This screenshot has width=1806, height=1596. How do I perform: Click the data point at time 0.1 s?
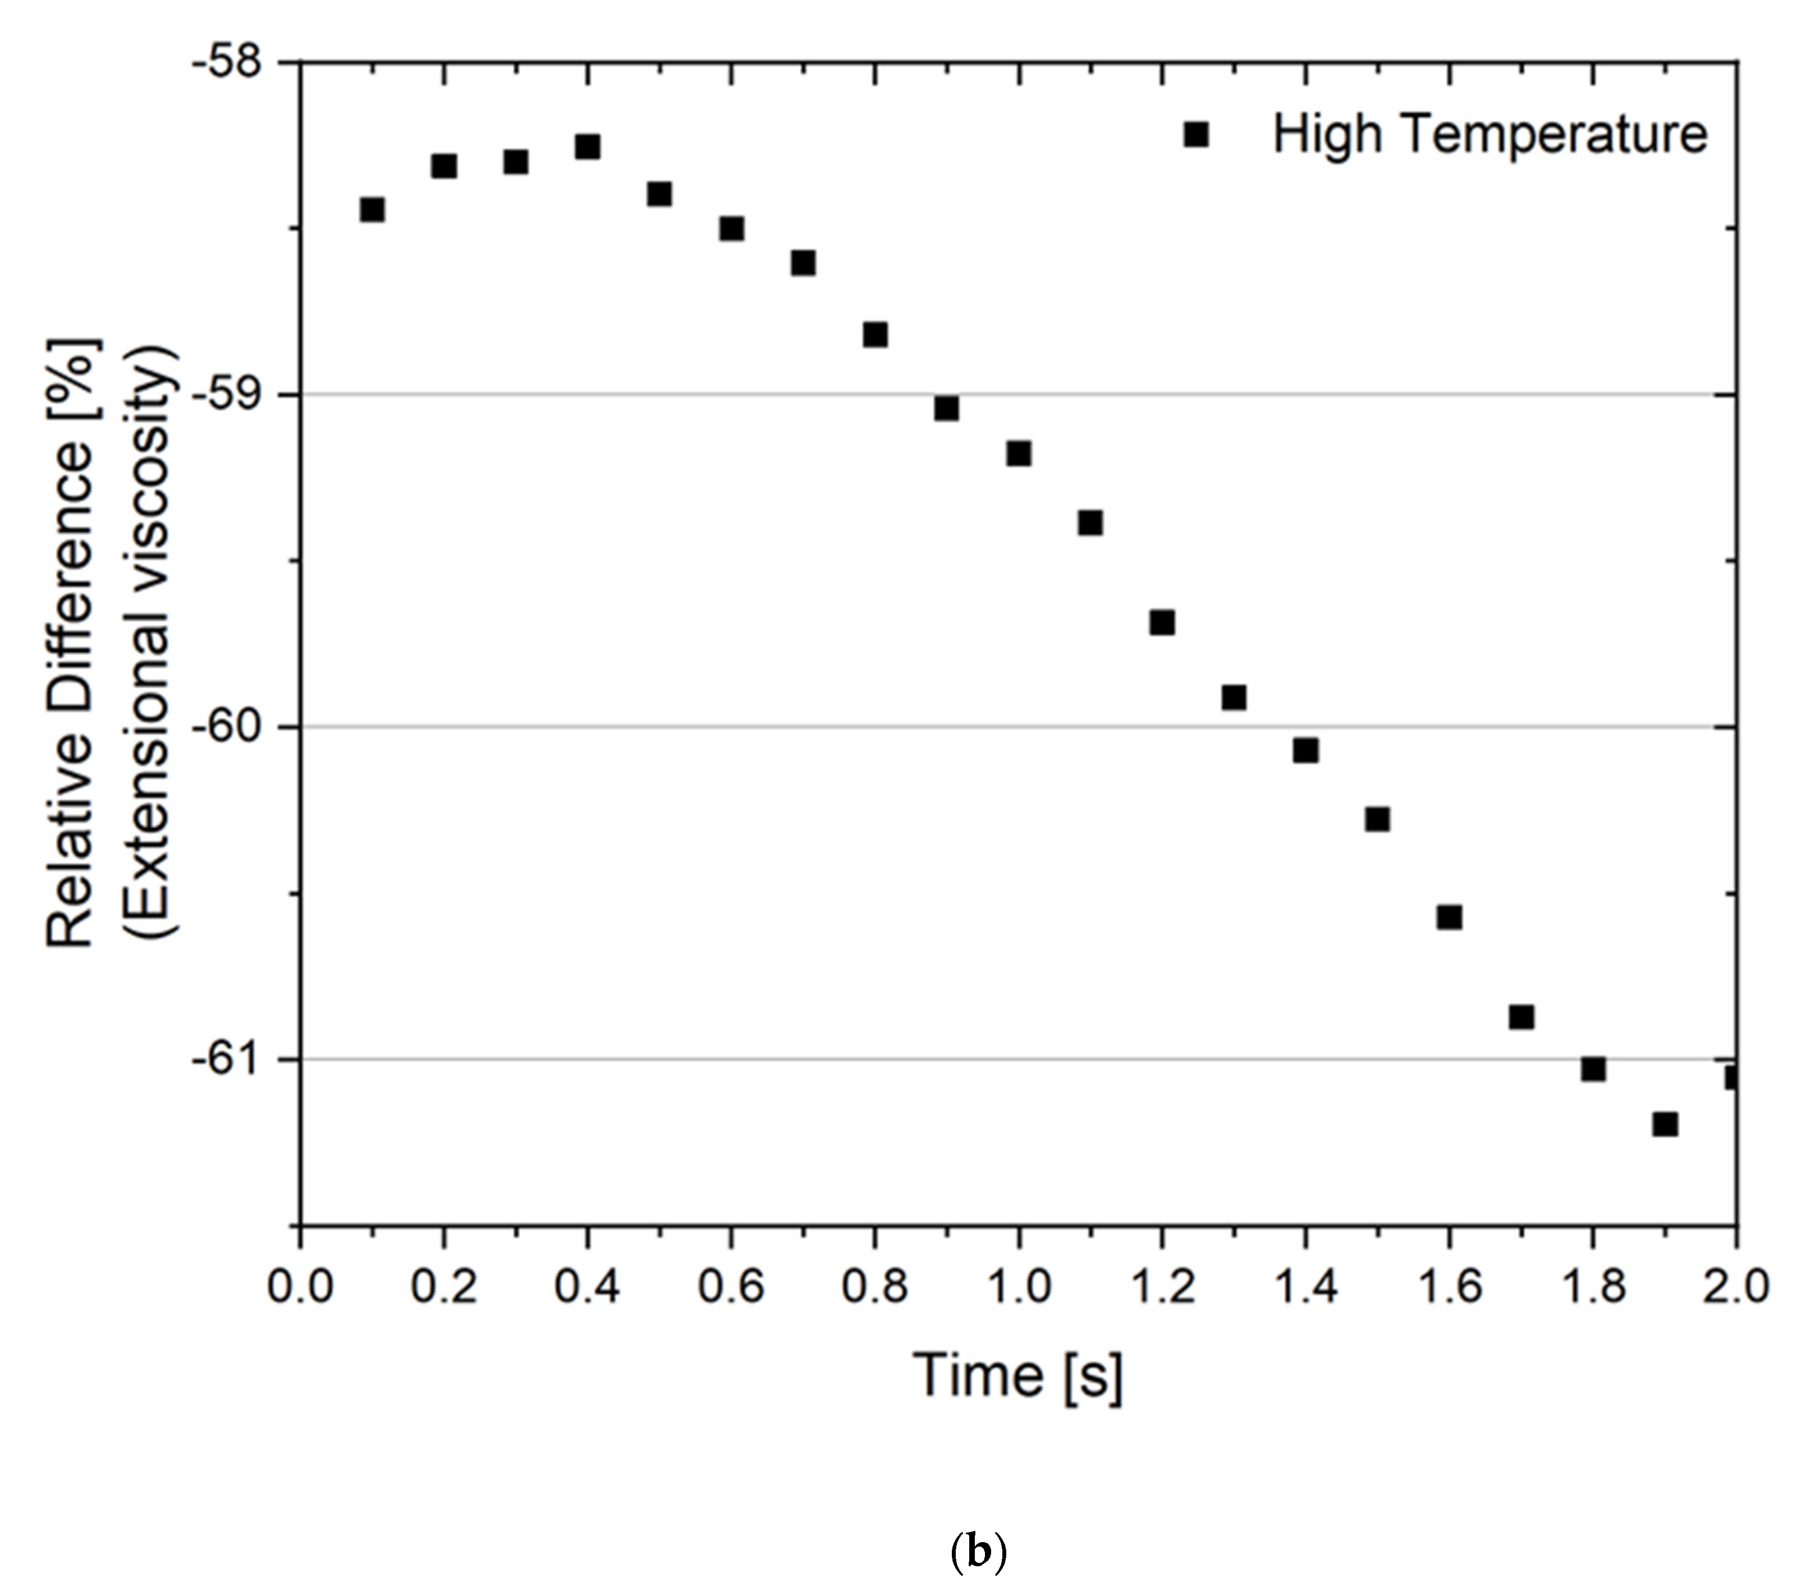[x=372, y=209]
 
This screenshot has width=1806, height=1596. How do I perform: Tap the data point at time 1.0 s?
[x=1019, y=453]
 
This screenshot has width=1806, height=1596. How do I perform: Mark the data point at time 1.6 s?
[x=1449, y=918]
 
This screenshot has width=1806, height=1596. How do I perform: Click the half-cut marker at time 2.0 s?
[x=1732, y=1077]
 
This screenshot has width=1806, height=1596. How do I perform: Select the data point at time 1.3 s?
[x=1234, y=698]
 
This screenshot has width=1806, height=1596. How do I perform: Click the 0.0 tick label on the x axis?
[x=300, y=1287]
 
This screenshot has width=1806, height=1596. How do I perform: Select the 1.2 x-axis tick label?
[x=1162, y=1287]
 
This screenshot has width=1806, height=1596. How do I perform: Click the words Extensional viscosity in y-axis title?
[x=152, y=643]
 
